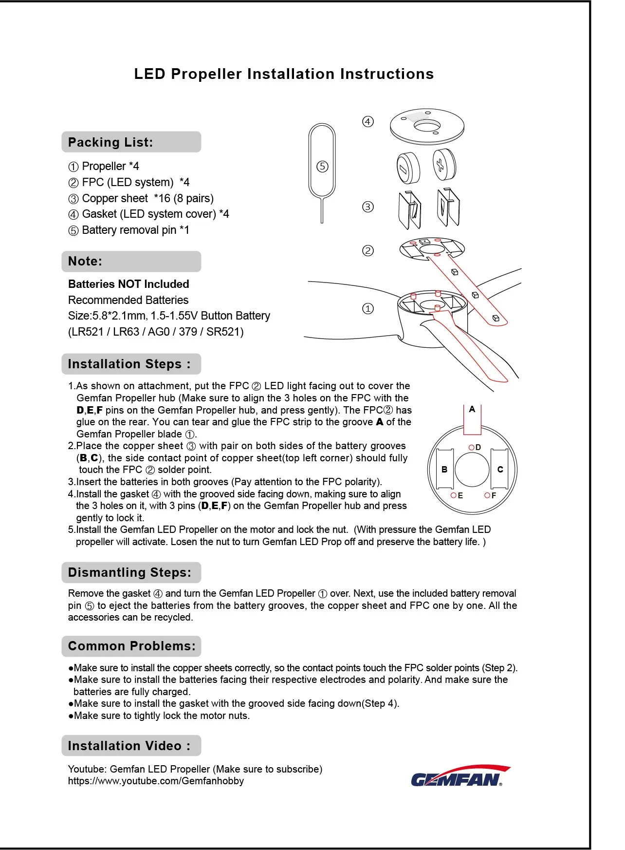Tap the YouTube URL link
click(x=156, y=781)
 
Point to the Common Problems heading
click(x=131, y=646)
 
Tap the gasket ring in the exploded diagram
click(x=427, y=127)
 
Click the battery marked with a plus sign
click(x=444, y=165)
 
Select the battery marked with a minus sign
click(x=408, y=168)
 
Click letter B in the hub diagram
click(x=444, y=470)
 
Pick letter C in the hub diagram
click(x=500, y=470)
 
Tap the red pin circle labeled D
click(x=471, y=447)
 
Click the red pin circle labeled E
click(x=453, y=495)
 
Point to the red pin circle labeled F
click(x=487, y=495)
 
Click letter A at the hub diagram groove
click(x=472, y=410)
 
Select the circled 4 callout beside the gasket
click(x=368, y=121)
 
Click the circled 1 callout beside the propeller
click(x=368, y=308)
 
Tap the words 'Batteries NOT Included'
click(x=129, y=284)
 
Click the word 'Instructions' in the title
click(x=387, y=74)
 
